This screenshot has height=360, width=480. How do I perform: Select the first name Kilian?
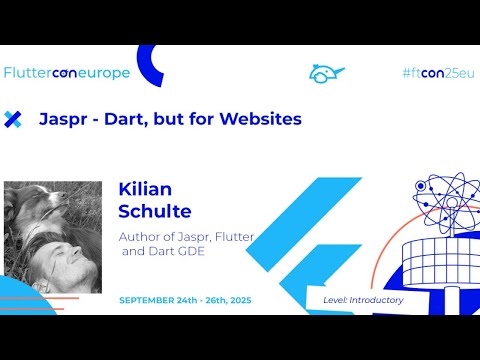(x=146, y=187)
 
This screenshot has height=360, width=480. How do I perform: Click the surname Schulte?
(x=156, y=210)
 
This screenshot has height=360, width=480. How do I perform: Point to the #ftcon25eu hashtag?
(x=436, y=73)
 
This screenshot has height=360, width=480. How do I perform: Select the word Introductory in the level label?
(x=377, y=300)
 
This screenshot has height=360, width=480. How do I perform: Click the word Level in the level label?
(x=336, y=300)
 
